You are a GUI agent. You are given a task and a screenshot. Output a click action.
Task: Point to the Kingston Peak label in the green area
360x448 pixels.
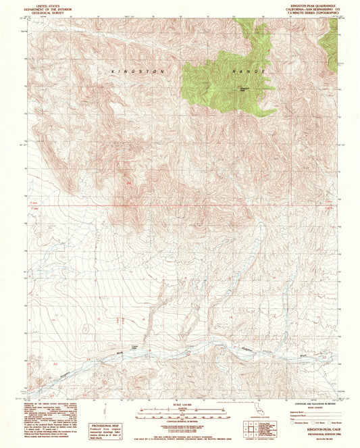[245, 84]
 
